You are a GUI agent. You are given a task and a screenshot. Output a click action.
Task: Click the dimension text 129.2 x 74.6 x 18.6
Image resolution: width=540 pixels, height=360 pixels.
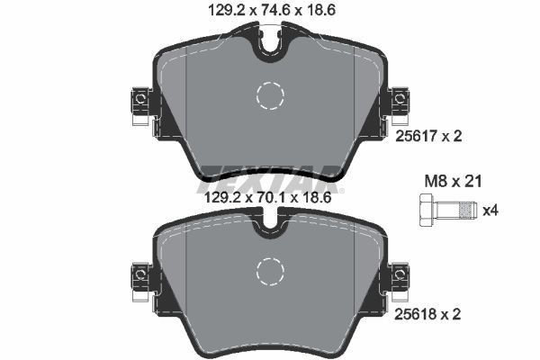coord(269,12)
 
